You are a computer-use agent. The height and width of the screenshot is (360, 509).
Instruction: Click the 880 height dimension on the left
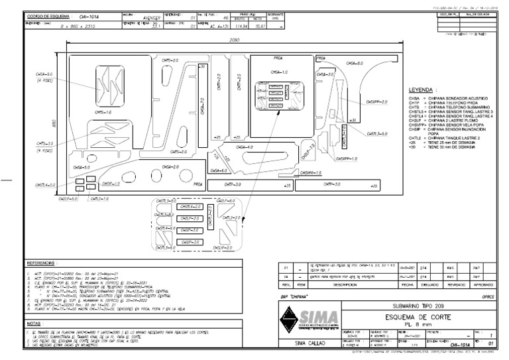coord(53,123)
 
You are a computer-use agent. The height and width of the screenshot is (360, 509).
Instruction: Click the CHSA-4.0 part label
coord(244,147)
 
